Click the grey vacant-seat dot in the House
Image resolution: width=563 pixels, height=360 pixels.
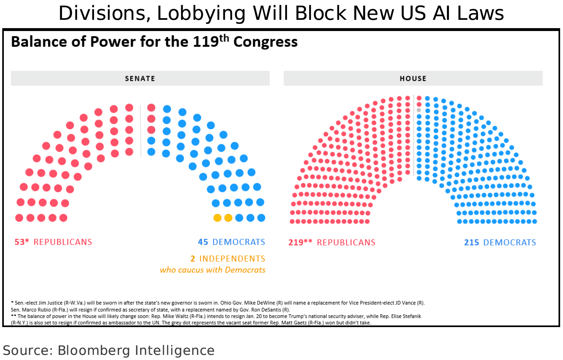(x=419, y=110)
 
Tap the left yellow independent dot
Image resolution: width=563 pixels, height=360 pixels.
(x=217, y=218)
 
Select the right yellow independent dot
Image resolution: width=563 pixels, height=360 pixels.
(x=228, y=218)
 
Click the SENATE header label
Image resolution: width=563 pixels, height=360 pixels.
(x=140, y=79)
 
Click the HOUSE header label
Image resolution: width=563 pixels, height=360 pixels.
(x=413, y=79)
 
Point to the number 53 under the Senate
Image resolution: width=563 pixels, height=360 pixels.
(x=19, y=242)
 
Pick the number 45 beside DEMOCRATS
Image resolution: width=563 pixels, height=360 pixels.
(x=203, y=242)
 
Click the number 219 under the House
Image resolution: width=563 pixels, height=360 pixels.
(x=296, y=242)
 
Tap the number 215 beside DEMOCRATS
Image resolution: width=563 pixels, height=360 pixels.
(x=471, y=242)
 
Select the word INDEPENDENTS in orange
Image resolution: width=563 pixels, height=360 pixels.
(x=232, y=258)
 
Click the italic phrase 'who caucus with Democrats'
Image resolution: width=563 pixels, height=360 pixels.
(x=212, y=270)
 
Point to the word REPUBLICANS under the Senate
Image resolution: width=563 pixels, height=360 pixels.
(x=63, y=242)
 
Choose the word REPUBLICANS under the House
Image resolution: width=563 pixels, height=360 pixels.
(x=346, y=242)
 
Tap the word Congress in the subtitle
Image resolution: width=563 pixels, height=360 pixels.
(x=265, y=42)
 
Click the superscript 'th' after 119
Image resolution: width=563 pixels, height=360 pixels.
(x=224, y=38)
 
